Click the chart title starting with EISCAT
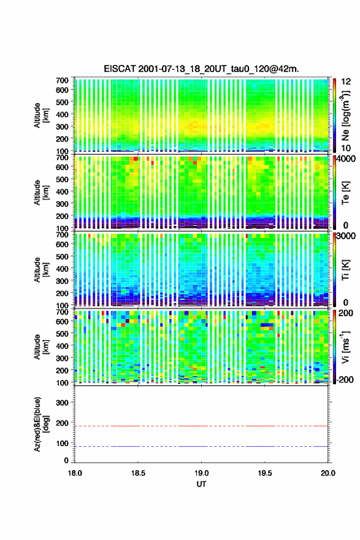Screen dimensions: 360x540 click(201, 69)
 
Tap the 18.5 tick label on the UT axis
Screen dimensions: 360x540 click(138, 473)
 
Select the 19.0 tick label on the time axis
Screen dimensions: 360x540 click(201, 473)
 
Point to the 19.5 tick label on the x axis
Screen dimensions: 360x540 click(265, 473)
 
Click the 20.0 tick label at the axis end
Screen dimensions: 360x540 click(328, 473)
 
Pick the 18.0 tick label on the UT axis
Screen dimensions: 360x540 click(75, 473)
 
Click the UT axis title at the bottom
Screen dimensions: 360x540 click(201, 484)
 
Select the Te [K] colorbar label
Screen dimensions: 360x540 click(346, 192)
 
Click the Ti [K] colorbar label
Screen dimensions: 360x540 click(346, 269)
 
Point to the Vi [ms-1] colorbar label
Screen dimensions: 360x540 click(346, 347)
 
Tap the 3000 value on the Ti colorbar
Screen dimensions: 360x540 click(346, 236)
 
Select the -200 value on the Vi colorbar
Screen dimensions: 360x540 click(345, 379)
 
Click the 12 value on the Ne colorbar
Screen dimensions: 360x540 click(346, 82)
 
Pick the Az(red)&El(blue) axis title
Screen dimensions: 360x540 click(40, 424)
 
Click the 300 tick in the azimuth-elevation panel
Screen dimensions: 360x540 click(63, 403)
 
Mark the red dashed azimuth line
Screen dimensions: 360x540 click(201, 426)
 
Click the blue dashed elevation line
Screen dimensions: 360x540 click(201, 446)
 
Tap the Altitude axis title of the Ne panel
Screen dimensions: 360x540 click(40, 115)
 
